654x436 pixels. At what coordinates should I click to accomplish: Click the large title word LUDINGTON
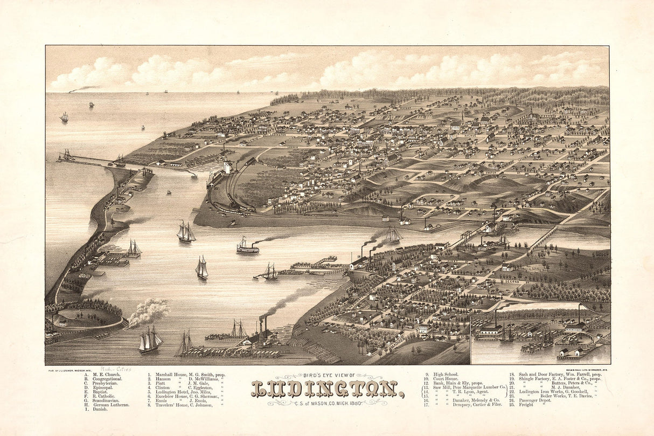tap(327, 389)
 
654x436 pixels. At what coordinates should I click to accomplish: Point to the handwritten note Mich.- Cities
tap(116, 369)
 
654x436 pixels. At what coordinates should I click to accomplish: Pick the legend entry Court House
tap(446, 379)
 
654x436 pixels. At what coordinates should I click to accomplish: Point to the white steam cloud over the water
tap(148, 313)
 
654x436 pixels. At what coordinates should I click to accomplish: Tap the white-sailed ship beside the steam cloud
tap(150, 340)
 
